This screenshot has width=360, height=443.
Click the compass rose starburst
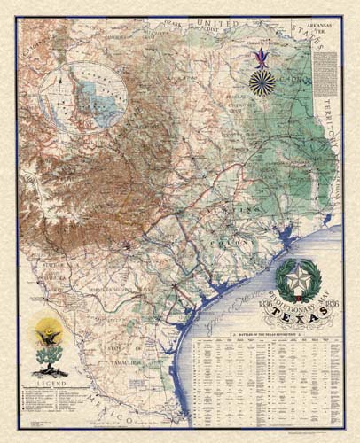tap(262, 83)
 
